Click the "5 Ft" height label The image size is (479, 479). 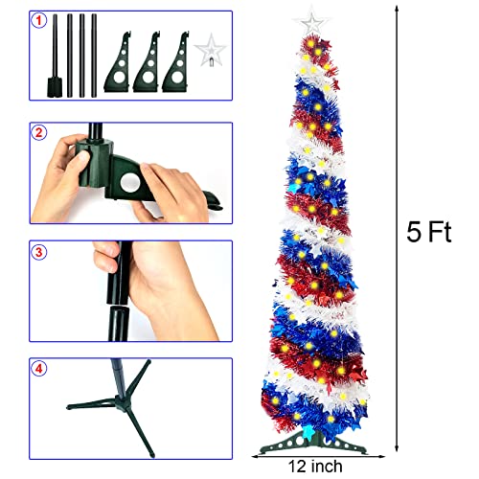(x=426, y=232)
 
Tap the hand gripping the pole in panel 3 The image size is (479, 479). (x=153, y=283)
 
